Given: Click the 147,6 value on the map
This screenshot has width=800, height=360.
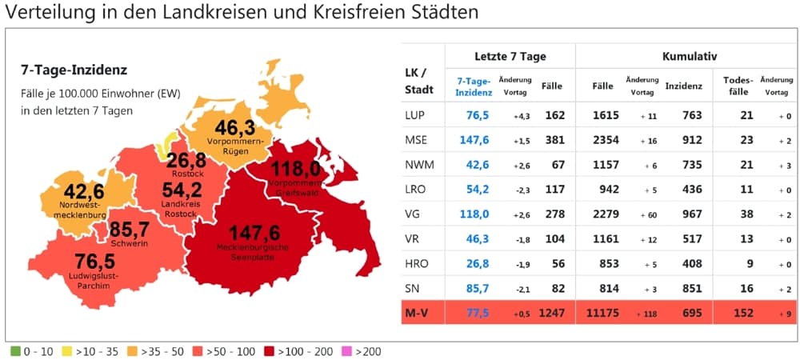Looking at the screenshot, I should (x=254, y=233).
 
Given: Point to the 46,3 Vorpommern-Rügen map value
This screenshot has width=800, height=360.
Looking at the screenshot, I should (x=234, y=127).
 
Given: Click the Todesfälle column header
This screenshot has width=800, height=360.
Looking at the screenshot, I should (x=738, y=86).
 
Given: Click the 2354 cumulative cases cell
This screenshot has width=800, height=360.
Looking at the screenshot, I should (x=606, y=140).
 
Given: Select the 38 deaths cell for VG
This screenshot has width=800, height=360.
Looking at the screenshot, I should (x=747, y=214).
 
